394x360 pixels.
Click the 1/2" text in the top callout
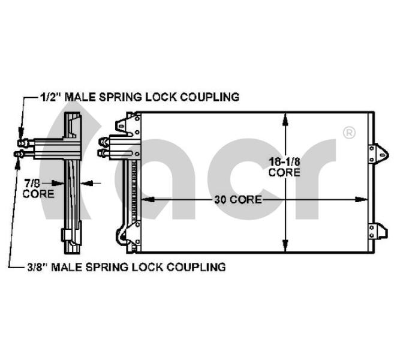(x=51, y=97)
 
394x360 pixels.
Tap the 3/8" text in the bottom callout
(x=37, y=266)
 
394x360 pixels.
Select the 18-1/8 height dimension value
(x=284, y=161)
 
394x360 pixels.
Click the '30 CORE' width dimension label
(x=238, y=200)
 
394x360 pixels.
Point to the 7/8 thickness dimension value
(x=32, y=183)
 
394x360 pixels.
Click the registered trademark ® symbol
(x=349, y=133)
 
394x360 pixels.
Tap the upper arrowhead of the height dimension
(x=285, y=119)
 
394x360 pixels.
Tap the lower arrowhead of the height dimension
(x=285, y=245)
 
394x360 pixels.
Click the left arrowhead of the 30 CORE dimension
(x=148, y=200)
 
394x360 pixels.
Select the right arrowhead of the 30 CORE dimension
(x=361, y=200)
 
